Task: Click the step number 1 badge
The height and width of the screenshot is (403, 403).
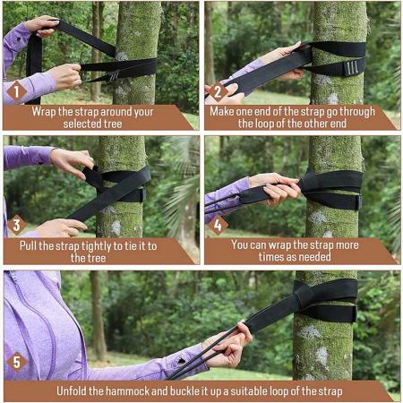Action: [15, 90]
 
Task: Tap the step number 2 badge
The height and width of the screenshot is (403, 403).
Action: [215, 90]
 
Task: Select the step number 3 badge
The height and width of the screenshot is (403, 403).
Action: [15, 225]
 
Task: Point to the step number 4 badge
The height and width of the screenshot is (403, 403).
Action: [215, 225]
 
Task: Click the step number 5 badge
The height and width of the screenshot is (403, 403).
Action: [15, 362]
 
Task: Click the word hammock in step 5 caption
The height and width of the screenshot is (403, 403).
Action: [133, 390]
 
